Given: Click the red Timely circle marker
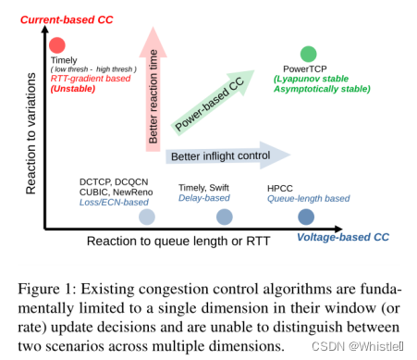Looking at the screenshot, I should pos(57,43).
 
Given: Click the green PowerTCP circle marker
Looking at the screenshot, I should pos(309,55).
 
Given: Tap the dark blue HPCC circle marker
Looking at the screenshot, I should pos(306,217).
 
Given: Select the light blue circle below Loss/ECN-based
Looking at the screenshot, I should pos(146,217).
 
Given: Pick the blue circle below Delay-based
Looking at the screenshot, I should pos(224,217).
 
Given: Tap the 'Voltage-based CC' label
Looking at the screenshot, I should pos(343,238).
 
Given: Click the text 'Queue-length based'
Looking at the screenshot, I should pos(309,198).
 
